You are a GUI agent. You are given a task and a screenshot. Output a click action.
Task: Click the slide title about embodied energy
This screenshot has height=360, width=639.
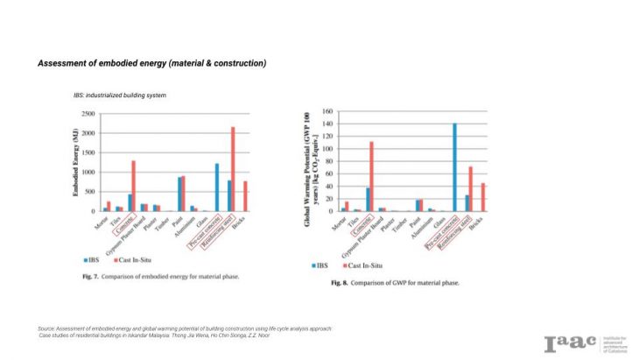[x=151, y=64]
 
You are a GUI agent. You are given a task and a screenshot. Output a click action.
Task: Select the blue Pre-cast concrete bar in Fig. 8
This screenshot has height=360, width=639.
[x=455, y=167]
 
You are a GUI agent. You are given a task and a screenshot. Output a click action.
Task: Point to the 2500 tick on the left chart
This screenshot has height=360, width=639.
[x=88, y=115]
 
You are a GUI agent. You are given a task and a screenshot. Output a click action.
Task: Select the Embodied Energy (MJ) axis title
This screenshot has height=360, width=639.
[x=77, y=162]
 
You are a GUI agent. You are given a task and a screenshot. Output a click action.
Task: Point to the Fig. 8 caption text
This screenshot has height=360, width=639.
[x=395, y=283]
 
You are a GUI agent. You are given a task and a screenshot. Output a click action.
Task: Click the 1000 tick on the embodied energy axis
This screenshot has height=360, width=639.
[x=88, y=173]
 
